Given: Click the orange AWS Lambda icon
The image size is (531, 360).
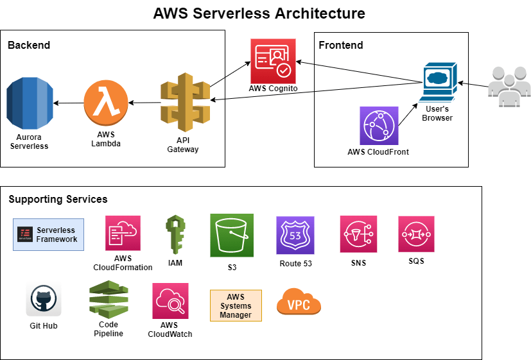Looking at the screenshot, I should click(105, 103).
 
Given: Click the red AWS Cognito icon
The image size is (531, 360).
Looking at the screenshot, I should click(273, 61).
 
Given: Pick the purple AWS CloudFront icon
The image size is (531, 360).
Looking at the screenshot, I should click(379, 126).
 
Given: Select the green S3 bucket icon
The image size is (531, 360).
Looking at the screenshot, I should click(232, 236).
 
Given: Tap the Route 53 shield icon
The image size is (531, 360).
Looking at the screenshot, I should click(295, 236).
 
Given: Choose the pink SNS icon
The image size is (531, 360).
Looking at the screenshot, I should click(358, 234).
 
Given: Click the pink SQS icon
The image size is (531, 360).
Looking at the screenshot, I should click(417, 234).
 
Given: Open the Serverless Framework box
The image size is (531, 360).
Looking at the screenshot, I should click(49, 235).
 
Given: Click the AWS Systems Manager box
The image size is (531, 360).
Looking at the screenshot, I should click(236, 306).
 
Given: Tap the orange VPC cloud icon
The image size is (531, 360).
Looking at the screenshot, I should click(299, 302).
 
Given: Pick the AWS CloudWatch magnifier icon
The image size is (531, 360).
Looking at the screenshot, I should click(170, 302).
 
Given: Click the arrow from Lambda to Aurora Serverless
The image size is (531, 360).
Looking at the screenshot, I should click(68, 103).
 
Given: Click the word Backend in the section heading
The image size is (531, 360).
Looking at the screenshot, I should click(29, 45).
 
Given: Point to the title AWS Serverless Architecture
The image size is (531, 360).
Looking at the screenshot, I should click(259, 13).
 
